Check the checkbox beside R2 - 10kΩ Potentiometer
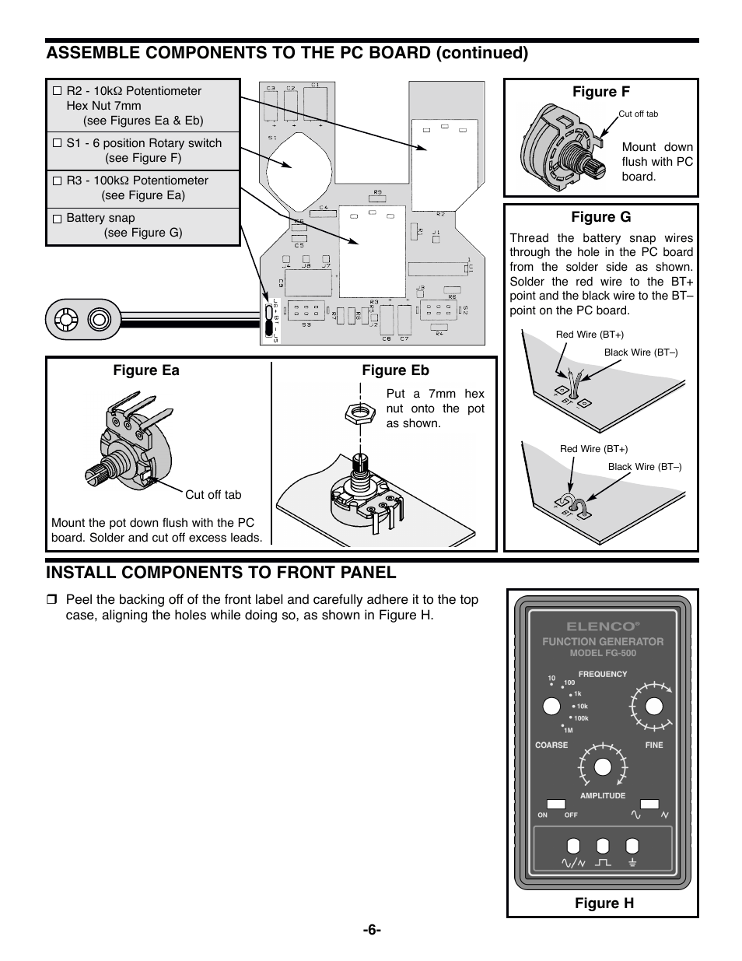tap(57, 91)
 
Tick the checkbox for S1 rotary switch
tap(57, 143)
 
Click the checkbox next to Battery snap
tap(57, 219)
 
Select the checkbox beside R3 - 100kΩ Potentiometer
tap(57, 181)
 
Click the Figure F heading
tap(601, 92)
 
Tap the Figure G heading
tap(601, 217)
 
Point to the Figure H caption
tap(604, 903)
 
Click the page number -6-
tap(370, 930)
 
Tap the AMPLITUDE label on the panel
tap(603, 796)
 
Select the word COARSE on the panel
tap(551, 745)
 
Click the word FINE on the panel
tap(654, 745)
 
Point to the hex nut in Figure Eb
tap(359, 412)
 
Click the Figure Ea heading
tap(146, 370)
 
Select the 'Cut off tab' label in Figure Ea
tap(213, 494)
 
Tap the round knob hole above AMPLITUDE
tap(602, 766)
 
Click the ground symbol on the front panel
tap(632, 862)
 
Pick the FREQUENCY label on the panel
tap(603, 675)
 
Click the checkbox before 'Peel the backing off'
tap(51, 600)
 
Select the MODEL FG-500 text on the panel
tap(603, 653)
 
